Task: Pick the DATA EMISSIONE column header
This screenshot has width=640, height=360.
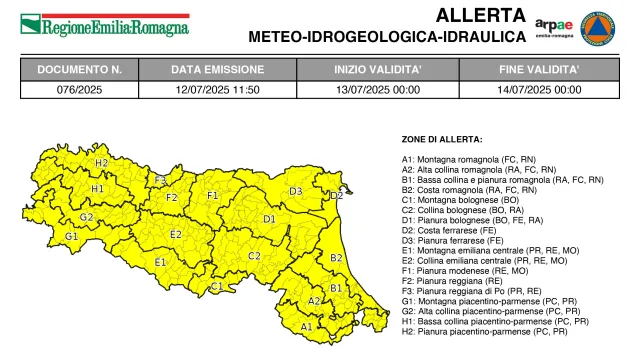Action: coord(217,70)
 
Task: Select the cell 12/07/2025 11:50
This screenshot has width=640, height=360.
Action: coord(217,89)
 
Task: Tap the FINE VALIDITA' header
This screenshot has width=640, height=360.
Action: coord(540,70)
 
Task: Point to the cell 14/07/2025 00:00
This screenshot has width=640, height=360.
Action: coord(540,89)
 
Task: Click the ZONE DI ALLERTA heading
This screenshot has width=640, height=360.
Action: coord(442,139)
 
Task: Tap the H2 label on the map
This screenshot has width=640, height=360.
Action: coord(101,162)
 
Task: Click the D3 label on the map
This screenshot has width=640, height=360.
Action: coord(296,191)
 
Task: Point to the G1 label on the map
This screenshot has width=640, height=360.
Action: coord(71,236)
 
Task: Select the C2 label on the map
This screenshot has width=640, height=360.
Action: coord(254,256)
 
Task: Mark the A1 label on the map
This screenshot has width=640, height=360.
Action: coord(306,326)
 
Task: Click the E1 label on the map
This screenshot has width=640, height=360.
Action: coord(160,263)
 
